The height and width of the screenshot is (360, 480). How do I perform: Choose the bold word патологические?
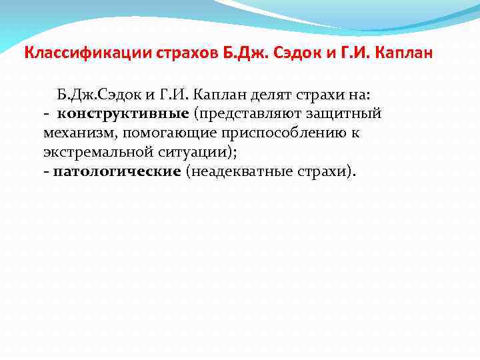tap(117, 171)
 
